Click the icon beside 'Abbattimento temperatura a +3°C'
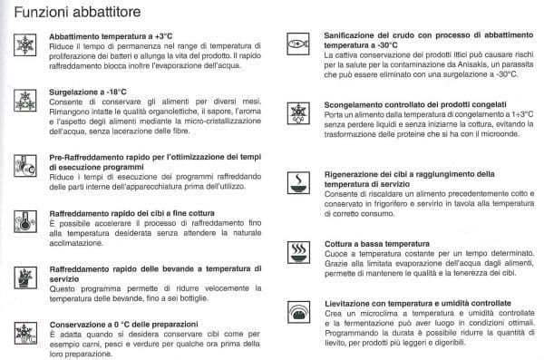click(x=23, y=45)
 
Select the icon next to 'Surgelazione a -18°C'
click(x=23, y=97)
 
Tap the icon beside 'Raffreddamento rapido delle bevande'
click(x=23, y=277)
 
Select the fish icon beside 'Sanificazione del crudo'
click(x=297, y=43)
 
